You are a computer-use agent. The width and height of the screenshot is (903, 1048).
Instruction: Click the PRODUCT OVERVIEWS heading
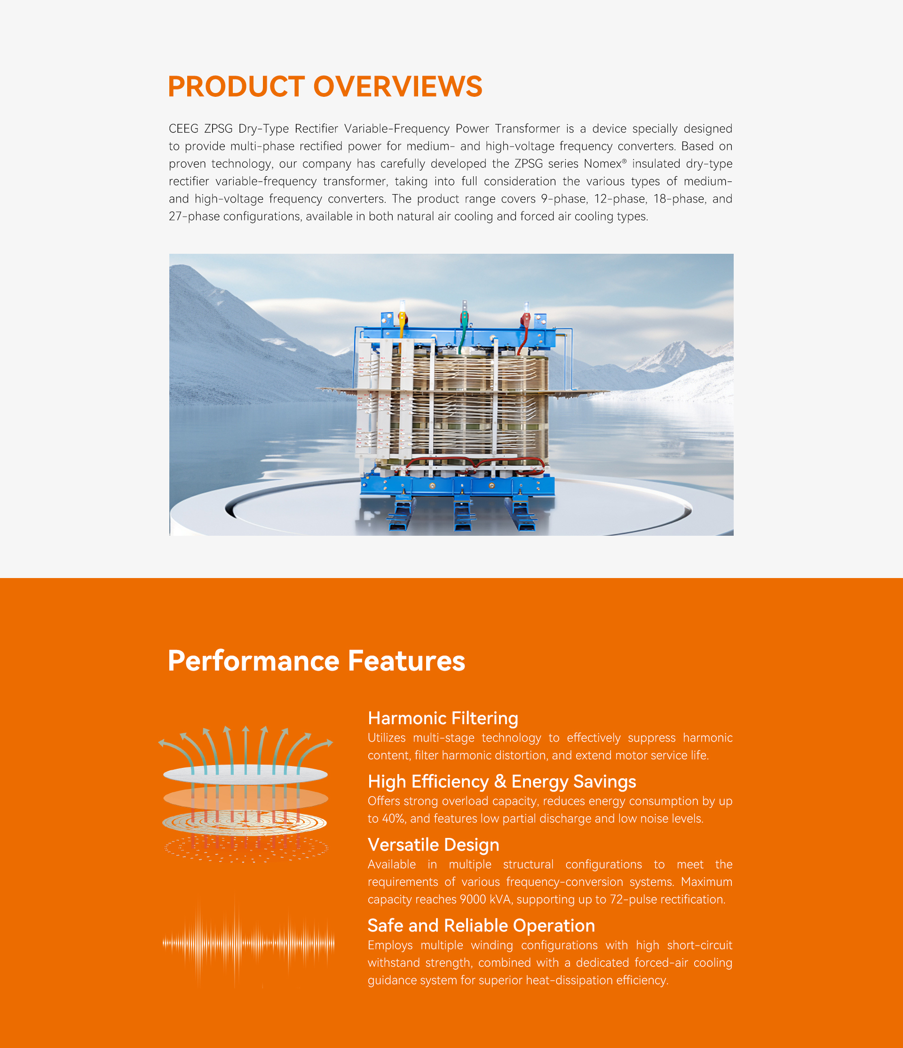(x=325, y=86)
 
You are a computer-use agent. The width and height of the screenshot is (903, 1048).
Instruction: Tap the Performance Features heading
(x=317, y=661)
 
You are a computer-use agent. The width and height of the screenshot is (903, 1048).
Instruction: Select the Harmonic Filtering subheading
(x=443, y=718)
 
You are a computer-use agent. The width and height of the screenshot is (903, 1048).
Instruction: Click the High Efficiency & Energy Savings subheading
(x=502, y=782)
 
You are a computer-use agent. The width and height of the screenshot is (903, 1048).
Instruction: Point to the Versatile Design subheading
(x=433, y=845)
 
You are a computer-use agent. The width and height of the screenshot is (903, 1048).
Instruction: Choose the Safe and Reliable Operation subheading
(x=481, y=926)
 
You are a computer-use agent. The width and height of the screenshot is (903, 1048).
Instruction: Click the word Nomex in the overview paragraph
(x=602, y=164)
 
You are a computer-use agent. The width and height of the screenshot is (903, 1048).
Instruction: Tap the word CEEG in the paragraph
(x=184, y=128)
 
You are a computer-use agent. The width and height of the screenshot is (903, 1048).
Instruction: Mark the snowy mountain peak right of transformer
(x=676, y=354)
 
